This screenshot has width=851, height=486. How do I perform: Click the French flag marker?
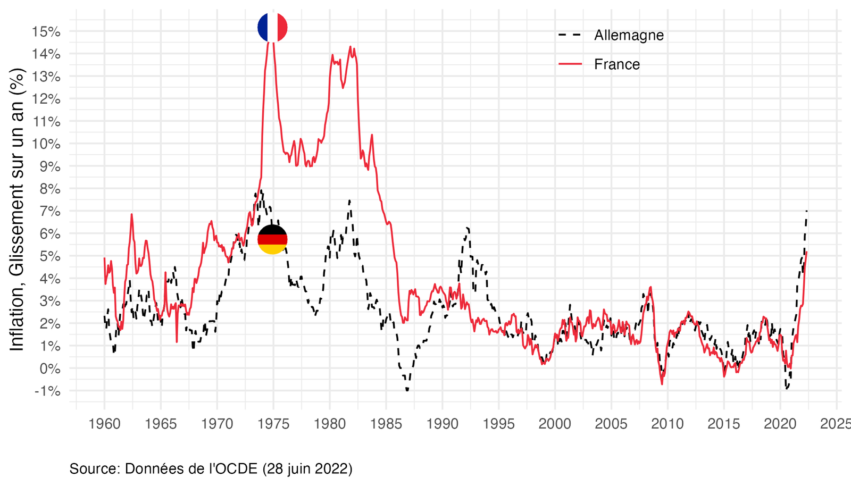pyautogui.click(x=272, y=27)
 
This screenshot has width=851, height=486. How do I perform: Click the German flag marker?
pyautogui.click(x=272, y=239)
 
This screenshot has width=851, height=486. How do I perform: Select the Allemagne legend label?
pyautogui.click(x=629, y=35)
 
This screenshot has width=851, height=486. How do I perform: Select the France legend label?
pyautogui.click(x=617, y=64)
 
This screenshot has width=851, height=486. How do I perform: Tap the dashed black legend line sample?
pyautogui.click(x=570, y=35)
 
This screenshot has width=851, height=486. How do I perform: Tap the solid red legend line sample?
pyautogui.click(x=570, y=64)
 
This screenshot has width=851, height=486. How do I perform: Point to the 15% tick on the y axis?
pyautogui.click(x=47, y=31)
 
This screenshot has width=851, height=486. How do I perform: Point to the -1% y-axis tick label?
pyautogui.click(x=47, y=391)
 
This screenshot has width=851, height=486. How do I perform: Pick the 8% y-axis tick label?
pyautogui.click(x=49, y=189)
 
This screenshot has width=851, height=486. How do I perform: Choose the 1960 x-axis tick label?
pyautogui.click(x=104, y=424)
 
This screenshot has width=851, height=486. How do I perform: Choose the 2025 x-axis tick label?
pyautogui.click(x=836, y=424)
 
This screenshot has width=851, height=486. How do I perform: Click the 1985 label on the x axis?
pyautogui.click(x=386, y=424)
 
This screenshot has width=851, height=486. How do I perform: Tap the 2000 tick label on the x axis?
pyautogui.click(x=555, y=424)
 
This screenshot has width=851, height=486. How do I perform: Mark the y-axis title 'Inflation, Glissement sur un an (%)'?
pyautogui.click(x=17, y=209)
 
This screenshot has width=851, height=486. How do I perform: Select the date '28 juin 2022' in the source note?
pyautogui.click(x=307, y=468)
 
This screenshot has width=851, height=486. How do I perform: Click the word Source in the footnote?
pyautogui.click(x=94, y=468)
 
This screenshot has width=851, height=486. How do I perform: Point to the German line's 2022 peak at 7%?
pyautogui.click(x=807, y=211)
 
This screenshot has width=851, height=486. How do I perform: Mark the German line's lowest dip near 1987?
pyautogui.click(x=407, y=390)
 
